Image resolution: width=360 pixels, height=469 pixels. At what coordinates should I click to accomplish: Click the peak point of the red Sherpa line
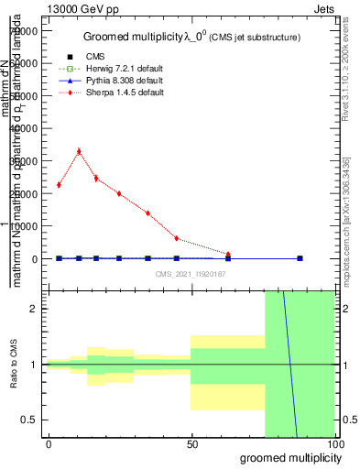[x=79, y=151]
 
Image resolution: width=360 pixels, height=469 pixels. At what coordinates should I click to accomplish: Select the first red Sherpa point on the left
[x=59, y=185]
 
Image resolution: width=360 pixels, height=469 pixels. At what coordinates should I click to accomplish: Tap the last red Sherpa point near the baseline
[x=228, y=254]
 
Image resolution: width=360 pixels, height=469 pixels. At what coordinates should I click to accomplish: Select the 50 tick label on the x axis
[x=191, y=444]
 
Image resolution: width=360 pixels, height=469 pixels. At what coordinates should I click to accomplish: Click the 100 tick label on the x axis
[x=334, y=444]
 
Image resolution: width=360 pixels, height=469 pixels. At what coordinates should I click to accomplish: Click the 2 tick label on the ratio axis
[x=38, y=309]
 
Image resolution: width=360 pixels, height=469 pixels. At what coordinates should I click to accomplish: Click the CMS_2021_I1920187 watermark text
[x=191, y=274]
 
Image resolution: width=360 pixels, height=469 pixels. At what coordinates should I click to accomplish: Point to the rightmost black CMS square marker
[x=300, y=258]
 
